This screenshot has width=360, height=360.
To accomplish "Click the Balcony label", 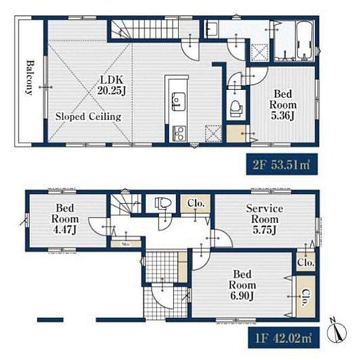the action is (x=30, y=78).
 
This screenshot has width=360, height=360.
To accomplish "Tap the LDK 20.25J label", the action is (x=112, y=86).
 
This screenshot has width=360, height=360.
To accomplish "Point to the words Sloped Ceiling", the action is (x=89, y=117).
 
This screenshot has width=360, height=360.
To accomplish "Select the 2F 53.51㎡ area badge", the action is (x=282, y=164).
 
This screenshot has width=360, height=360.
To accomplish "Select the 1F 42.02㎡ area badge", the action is (x=284, y=338).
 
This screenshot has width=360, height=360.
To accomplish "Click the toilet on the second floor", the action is (x=237, y=108).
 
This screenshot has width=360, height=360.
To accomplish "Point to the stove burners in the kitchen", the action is (x=179, y=133).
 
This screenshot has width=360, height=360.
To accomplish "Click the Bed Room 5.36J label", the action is (x=283, y=104).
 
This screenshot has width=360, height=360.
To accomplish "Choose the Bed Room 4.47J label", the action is (x=65, y=219).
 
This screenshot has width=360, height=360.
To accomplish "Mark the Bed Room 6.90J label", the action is (x=242, y=285).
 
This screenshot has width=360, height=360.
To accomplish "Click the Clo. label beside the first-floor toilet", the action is (x=196, y=203).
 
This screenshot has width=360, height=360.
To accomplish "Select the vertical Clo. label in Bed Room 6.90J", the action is (x=305, y=297).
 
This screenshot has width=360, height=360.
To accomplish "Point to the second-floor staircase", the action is (x=145, y=30).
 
